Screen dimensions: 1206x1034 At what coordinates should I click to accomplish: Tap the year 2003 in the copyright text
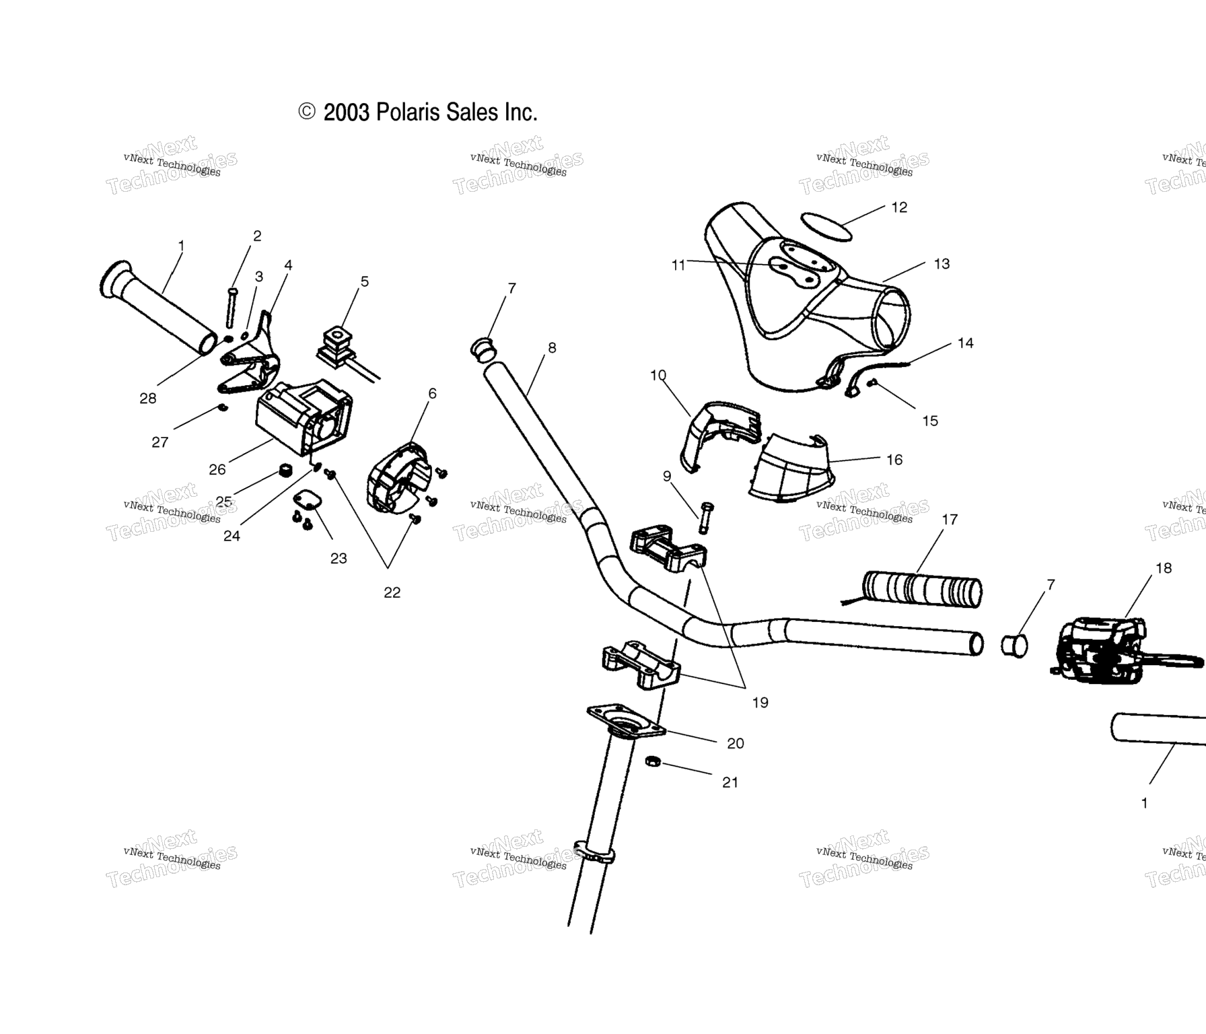click(346, 112)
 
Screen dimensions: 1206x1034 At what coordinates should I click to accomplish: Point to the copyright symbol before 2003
click(307, 112)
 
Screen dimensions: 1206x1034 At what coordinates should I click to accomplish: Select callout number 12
click(899, 207)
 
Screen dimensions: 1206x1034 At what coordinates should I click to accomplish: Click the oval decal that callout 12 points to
click(826, 226)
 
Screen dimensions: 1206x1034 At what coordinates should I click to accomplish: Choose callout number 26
click(217, 469)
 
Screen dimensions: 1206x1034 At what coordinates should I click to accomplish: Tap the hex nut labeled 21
click(652, 761)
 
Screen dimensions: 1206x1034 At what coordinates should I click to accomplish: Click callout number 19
click(760, 702)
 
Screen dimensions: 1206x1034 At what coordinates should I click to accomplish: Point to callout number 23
click(339, 558)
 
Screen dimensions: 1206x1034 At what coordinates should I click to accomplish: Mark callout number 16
click(894, 460)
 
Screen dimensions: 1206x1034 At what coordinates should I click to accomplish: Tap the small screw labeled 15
click(873, 383)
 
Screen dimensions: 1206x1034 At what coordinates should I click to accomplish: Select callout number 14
click(966, 343)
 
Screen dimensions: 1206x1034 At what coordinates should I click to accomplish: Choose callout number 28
click(148, 399)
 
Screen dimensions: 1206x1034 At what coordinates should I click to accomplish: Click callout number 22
click(392, 592)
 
